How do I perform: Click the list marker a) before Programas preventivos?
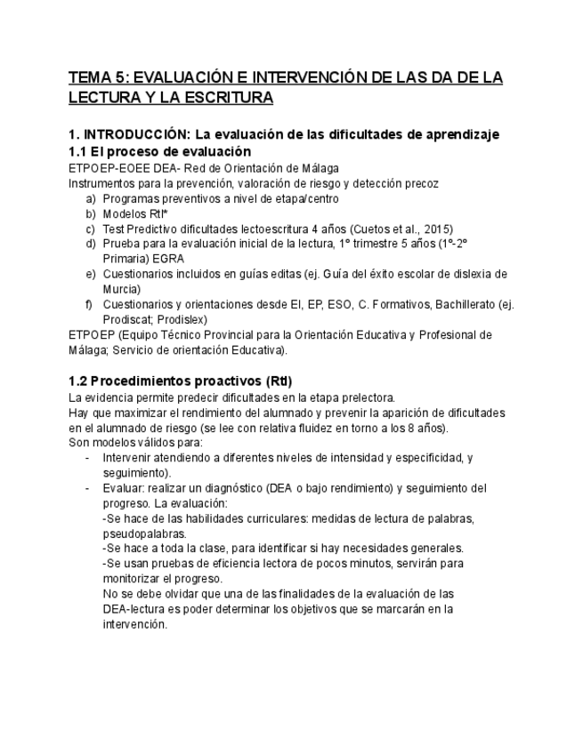[x=91, y=198]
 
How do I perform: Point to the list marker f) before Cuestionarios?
[x=91, y=304]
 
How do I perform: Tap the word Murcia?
[x=122, y=289]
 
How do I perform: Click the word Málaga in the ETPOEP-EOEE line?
[x=318, y=168]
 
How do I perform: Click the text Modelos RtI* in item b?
[x=134, y=213]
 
